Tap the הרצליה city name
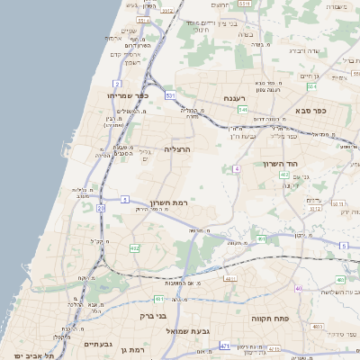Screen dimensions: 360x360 178,148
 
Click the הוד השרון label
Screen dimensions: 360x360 281,165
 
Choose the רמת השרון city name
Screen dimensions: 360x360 167,202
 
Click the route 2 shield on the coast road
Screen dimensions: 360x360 117,83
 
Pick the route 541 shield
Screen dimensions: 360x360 243,109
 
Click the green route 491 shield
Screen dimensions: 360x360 260,239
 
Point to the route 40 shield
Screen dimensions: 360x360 298,289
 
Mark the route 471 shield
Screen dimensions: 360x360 224,345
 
